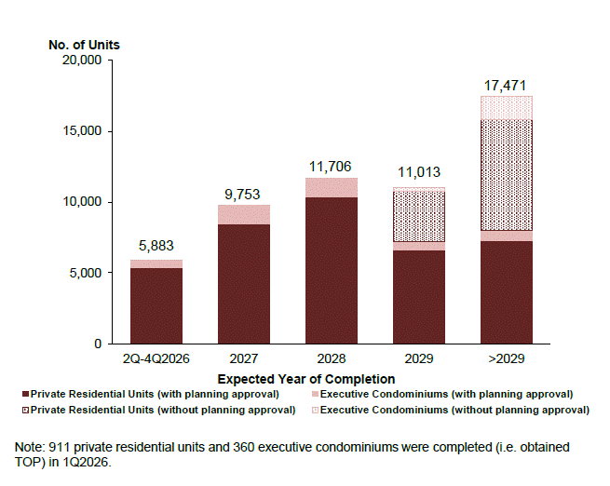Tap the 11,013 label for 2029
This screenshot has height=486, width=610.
pyautogui.click(x=418, y=172)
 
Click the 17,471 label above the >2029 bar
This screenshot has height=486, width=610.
pyautogui.click(x=506, y=86)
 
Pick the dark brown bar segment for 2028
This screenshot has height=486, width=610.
pyautogui.click(x=331, y=270)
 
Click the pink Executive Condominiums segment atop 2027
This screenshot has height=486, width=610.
pyautogui.click(x=243, y=215)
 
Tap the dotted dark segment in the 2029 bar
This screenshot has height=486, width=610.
pyautogui.click(x=418, y=216)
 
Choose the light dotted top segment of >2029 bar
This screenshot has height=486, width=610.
pyautogui.click(x=506, y=108)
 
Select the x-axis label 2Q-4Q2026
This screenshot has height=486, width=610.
pyautogui.click(x=156, y=358)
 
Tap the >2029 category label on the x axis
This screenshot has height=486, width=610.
pyautogui.click(x=506, y=358)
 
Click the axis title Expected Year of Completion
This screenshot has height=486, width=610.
pyautogui.click(x=305, y=379)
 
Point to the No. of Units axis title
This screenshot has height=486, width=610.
pyautogui.click(x=84, y=44)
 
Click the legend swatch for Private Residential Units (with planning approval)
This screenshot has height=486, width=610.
pyautogui.click(x=26, y=395)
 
